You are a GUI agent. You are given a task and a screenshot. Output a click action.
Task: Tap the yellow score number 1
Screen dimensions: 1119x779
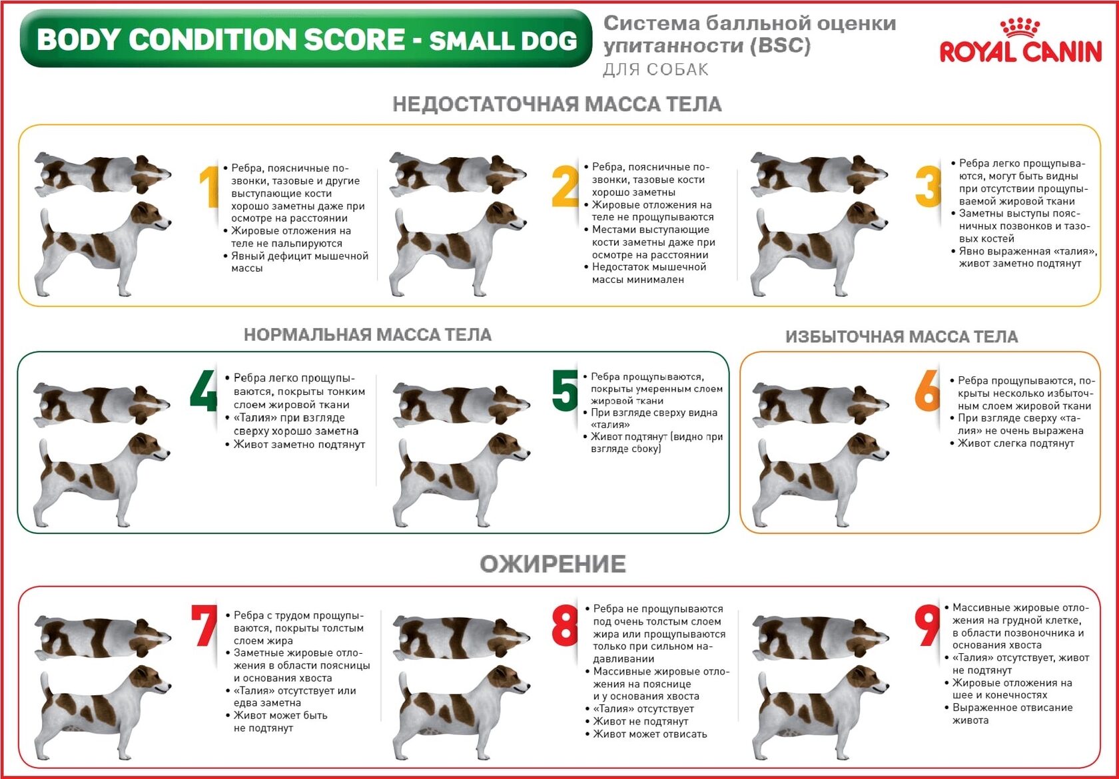point(209,186)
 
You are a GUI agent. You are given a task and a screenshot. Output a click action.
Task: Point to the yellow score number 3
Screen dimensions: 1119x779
point(928,186)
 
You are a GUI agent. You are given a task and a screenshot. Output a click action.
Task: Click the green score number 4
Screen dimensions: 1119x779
point(204,390)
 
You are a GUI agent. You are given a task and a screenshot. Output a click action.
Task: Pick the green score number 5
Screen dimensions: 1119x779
point(565,390)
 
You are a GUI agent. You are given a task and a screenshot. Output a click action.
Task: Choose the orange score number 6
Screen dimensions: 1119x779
point(927,390)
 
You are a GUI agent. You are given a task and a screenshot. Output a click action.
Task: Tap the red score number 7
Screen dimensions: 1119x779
point(204,625)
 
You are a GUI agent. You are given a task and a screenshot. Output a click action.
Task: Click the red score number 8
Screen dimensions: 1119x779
point(565,625)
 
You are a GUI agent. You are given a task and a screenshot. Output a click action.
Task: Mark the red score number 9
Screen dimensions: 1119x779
point(928,625)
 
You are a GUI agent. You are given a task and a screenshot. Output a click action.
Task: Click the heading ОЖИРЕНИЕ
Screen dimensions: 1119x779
point(553,564)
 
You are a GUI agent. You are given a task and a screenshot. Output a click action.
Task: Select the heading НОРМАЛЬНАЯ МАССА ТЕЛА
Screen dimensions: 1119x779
point(368,334)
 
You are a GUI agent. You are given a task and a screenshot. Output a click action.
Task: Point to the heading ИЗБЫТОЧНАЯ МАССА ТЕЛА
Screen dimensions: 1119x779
point(902,337)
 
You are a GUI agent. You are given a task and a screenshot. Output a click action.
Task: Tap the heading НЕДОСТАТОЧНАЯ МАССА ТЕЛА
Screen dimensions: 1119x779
point(557,104)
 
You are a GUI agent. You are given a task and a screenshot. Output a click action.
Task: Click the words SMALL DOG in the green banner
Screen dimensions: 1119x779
point(503,41)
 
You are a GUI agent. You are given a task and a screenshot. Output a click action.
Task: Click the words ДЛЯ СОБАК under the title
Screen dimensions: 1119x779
point(655,69)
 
